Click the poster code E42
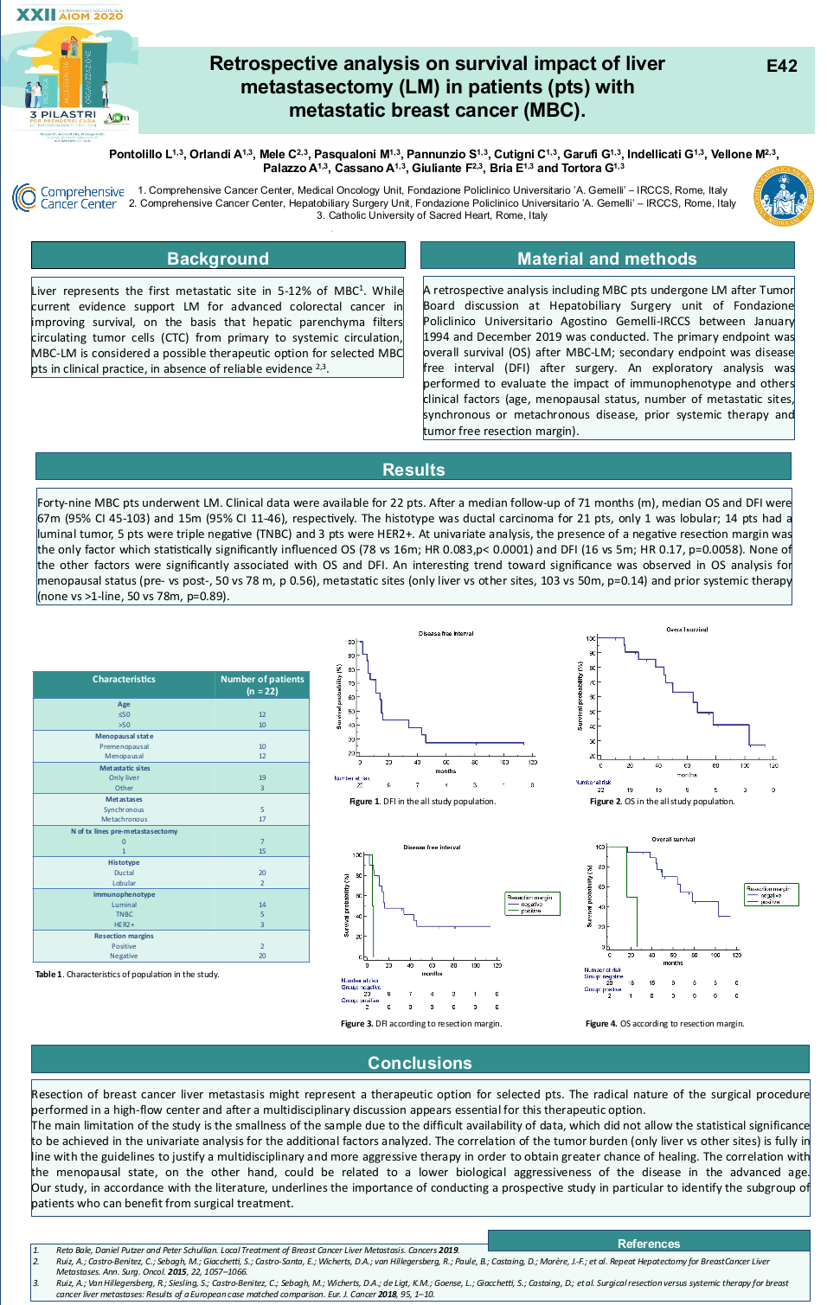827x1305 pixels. coord(781,67)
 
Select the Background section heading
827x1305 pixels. coord(218,259)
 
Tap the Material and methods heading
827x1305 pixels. coord(606,259)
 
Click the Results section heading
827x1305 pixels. coord(413,470)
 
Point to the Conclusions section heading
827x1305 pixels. coord(420,1063)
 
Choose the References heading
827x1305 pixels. coord(649,1244)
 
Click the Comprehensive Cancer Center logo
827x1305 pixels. coord(68,197)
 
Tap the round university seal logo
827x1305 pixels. coord(783,196)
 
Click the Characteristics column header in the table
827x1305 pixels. coord(124,680)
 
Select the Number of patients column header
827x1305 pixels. coord(262,685)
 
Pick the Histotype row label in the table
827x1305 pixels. coord(124,862)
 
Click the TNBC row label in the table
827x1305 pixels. coord(124,914)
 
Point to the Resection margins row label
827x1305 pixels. coord(124,936)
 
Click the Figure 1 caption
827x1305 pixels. coord(422,802)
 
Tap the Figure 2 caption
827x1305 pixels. coord(662,802)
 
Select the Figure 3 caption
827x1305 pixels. coord(421,1024)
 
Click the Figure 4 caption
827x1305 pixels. coord(664,1024)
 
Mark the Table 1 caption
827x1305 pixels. coord(127,975)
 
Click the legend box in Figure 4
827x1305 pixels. coord(772,894)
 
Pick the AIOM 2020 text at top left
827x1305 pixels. coord(91,16)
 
